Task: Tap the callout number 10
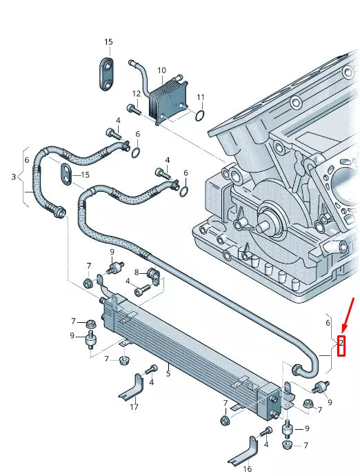pyautogui.click(x=161, y=70)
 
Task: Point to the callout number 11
pyautogui.click(x=201, y=97)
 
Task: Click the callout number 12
pyautogui.click(x=137, y=93)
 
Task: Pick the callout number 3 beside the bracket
pyautogui.click(x=13, y=177)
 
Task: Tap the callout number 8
pyautogui.click(x=137, y=272)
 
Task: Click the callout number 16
pyautogui.click(x=248, y=468)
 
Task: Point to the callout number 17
pyautogui.click(x=134, y=407)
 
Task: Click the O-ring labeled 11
pyautogui.click(x=199, y=114)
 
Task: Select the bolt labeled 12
pyautogui.click(x=133, y=108)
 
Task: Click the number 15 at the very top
pyautogui.click(x=108, y=42)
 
